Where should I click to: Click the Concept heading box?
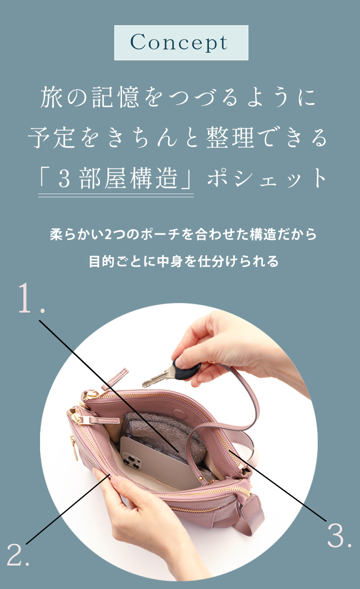tap(181, 43)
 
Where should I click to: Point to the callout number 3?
tap(339, 535)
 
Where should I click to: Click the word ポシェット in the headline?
tap(267, 178)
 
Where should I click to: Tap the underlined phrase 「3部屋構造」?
tap(116, 178)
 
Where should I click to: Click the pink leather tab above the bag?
tap(115, 379)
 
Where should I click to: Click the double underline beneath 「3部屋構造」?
tap(116, 195)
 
